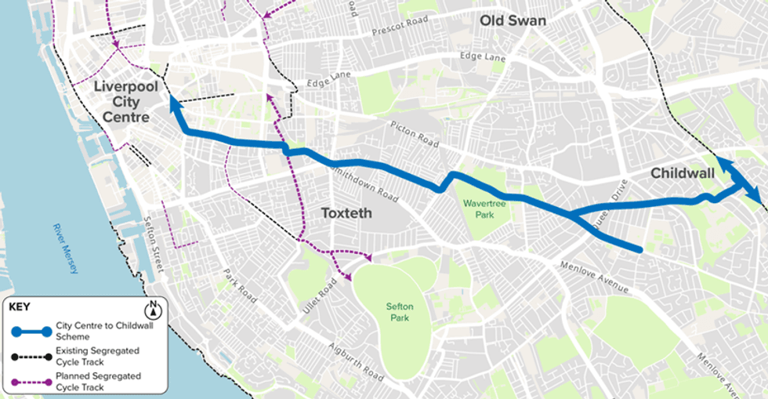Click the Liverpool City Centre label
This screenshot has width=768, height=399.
tap(121, 102)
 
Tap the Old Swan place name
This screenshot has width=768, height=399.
tap(513, 20)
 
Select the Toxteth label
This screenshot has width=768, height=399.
tap(346, 212)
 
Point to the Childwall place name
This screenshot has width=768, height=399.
tap(683, 173)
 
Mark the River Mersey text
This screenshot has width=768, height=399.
tap(66, 248)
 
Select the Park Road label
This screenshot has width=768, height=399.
tap(240, 287)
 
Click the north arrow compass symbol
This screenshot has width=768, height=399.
tap(154, 308)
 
